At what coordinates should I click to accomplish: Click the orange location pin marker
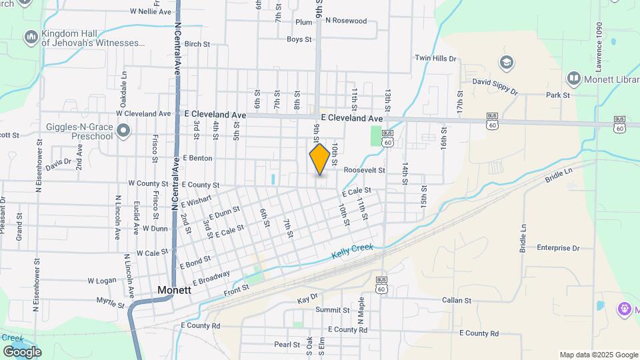[320, 159]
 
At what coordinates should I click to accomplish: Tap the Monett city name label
[175, 290]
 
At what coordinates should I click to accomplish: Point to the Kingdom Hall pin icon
[31, 37]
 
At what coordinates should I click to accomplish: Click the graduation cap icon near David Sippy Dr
[507, 63]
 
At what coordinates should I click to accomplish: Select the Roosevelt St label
[365, 170]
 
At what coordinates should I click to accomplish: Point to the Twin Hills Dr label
[435, 59]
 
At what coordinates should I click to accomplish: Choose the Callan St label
[457, 301]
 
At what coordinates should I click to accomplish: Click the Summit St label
[332, 310]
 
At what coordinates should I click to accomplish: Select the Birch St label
[198, 44]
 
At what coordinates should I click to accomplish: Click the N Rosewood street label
[346, 21]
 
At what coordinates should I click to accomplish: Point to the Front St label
[236, 287]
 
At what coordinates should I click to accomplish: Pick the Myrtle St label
[111, 305]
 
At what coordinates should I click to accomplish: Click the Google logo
[22, 351]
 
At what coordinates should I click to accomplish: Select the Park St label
[557, 95]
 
